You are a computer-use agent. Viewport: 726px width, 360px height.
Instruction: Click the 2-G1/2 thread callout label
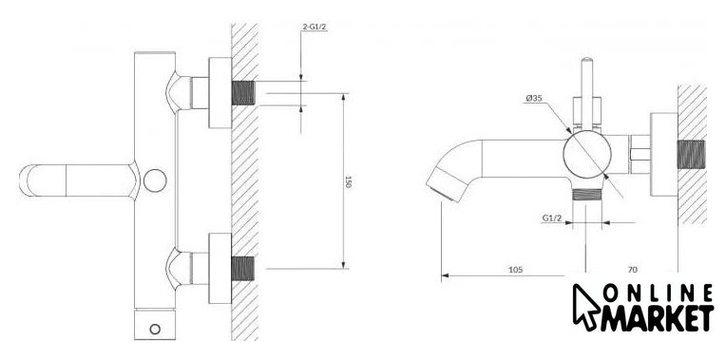click(315, 27)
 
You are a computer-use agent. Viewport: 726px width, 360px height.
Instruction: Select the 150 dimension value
click(349, 181)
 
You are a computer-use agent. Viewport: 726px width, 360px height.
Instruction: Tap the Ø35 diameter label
click(534, 98)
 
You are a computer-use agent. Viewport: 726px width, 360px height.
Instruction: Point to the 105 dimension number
click(515, 270)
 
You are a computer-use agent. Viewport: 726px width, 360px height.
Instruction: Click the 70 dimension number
click(633, 270)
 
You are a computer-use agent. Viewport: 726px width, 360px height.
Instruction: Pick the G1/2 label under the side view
click(552, 218)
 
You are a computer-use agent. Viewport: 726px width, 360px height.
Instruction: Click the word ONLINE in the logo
click(659, 293)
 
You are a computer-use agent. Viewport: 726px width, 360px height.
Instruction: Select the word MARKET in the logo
click(657, 318)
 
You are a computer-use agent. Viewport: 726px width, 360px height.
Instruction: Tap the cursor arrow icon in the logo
click(585, 307)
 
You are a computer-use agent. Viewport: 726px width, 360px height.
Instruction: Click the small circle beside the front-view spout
click(155, 180)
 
